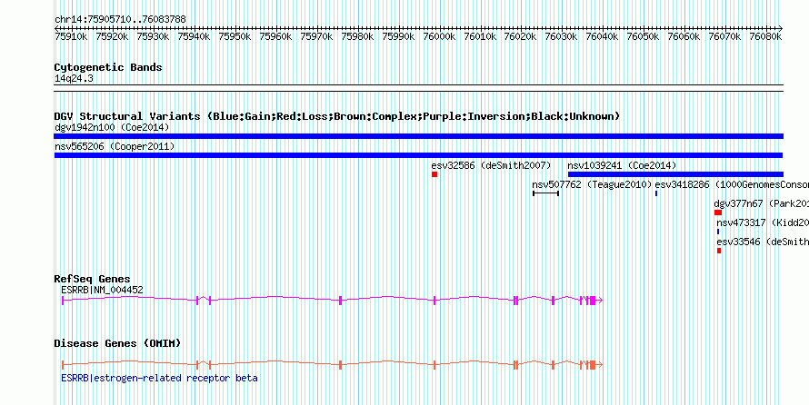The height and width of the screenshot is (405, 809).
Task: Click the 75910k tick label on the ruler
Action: [x=71, y=37]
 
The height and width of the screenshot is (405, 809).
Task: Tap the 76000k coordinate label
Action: [x=439, y=37]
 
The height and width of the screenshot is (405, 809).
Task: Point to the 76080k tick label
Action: [x=765, y=37]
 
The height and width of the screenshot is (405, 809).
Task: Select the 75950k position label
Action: [x=235, y=37]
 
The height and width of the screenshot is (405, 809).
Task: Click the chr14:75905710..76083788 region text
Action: [x=120, y=19]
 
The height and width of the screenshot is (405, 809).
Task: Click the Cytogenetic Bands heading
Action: [x=108, y=67]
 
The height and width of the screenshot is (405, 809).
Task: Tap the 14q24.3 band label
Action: [x=74, y=78]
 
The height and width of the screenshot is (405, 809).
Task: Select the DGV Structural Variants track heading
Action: [x=336, y=116]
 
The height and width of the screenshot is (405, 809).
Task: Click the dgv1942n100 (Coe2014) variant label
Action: [x=111, y=127]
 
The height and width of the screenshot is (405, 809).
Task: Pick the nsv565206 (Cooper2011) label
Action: [x=114, y=146]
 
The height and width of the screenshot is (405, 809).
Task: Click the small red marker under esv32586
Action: [x=434, y=174]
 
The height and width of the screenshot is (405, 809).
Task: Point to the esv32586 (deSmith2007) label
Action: [x=491, y=165]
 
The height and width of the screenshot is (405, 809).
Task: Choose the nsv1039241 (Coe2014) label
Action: [x=622, y=165]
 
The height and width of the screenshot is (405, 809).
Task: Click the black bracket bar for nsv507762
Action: [x=545, y=193]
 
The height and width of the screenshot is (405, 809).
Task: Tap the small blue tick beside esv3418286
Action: [x=656, y=193]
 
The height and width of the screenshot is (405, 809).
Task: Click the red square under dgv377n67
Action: [x=717, y=212]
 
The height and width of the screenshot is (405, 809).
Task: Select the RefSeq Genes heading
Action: [x=92, y=279]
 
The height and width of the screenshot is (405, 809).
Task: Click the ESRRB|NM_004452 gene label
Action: [x=102, y=290]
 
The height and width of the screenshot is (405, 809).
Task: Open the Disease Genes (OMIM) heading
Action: [x=117, y=343]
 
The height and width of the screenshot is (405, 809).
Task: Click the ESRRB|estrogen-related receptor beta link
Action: [x=159, y=378]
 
